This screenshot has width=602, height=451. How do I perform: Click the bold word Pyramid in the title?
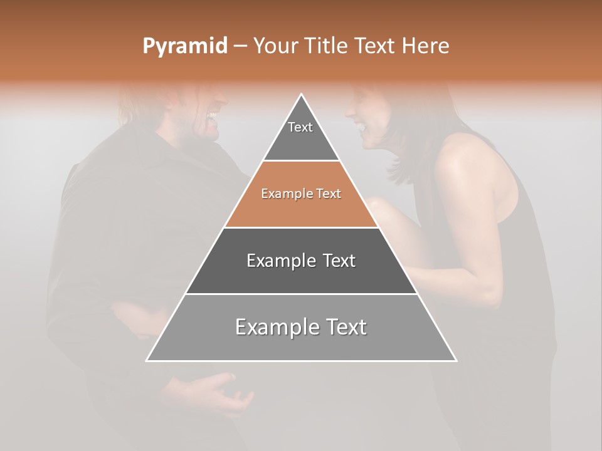pos(185,46)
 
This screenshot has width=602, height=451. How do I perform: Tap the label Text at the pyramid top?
pos(300,127)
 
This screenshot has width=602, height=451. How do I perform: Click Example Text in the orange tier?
pos(301,194)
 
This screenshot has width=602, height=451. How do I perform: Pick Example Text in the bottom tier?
pos(301,327)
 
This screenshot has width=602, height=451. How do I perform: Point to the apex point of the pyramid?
pos(302,95)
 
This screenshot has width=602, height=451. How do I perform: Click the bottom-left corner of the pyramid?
pos(147,360)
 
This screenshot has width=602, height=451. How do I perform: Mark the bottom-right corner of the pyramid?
pos(455,360)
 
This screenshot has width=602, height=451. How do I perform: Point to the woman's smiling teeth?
pos(362,127)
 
